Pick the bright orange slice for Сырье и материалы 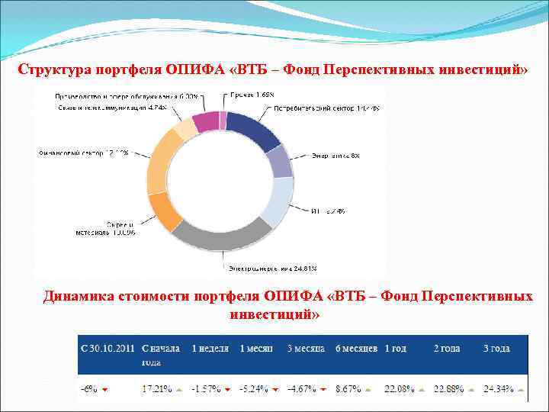point(165,211)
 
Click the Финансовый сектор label point(83,153)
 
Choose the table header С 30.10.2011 point(107,348)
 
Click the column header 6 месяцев point(357,348)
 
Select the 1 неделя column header point(210,348)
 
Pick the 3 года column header point(496,348)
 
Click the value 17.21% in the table point(156,388)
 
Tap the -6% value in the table point(89,388)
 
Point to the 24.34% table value point(498,388)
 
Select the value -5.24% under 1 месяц point(254,388)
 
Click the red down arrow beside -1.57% point(227,389)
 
